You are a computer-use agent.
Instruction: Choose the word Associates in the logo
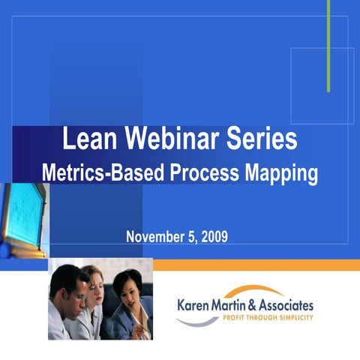pos(289,305)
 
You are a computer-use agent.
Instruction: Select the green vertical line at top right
pos(328,45)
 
